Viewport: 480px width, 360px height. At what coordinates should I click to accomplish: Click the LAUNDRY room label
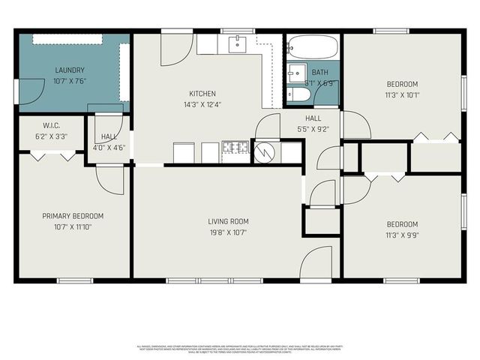[x=69, y=70]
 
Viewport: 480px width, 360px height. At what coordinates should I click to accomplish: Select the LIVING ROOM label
[x=228, y=221]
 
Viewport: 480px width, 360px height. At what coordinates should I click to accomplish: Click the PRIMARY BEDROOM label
[x=73, y=216]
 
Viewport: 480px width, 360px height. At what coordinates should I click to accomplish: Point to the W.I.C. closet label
[x=51, y=126]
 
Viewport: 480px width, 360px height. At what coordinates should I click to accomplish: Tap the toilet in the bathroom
[x=294, y=95]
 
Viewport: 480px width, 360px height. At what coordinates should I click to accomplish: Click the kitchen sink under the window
[x=238, y=43]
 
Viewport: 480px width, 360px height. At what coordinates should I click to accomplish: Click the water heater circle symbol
[x=265, y=152]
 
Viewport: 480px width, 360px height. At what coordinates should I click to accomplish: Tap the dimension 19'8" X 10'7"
[x=228, y=232]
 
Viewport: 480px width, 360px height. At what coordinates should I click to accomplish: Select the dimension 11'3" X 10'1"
[x=402, y=95]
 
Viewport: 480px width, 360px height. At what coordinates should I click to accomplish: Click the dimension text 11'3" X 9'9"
[x=402, y=235]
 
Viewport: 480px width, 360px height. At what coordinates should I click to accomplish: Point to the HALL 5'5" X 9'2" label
[x=313, y=124]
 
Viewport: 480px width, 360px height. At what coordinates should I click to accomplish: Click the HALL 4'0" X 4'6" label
[x=109, y=142]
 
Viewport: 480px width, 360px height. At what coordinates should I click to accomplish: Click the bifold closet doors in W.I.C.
[x=57, y=155]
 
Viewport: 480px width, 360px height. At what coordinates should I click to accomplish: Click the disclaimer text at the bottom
[x=240, y=348]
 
